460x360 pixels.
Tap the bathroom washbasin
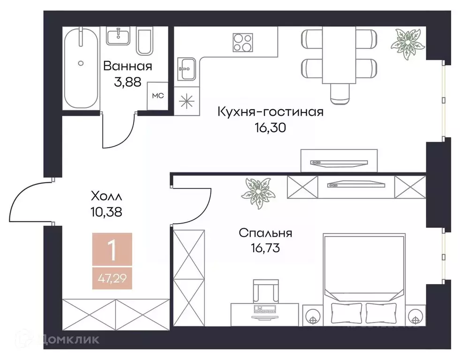[118, 37]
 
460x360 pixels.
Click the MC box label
[158, 96]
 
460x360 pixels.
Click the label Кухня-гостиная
[270, 112]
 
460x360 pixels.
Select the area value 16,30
[270, 127]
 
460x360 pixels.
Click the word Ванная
[128, 66]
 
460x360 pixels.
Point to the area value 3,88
[128, 82]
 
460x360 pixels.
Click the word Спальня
[265, 233]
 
